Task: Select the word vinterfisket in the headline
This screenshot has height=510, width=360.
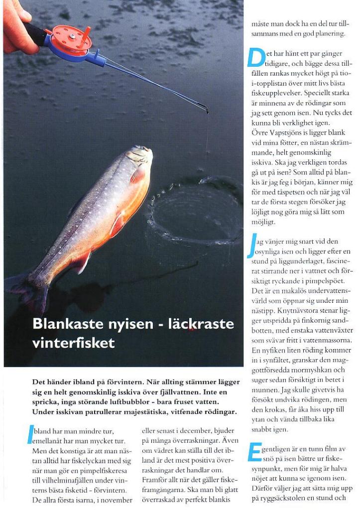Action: (73, 343)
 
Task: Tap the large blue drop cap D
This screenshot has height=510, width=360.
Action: (256, 58)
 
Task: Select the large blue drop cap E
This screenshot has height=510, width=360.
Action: (254, 452)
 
